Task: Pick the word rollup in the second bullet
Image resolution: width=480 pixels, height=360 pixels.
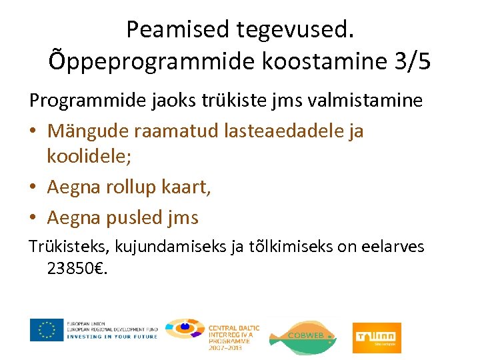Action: pos(132,187)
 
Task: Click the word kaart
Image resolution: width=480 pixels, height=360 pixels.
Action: pos(186,187)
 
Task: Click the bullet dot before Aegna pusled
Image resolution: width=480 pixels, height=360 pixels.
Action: pos(33,218)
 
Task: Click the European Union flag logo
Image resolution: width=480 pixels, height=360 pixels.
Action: pos(47,329)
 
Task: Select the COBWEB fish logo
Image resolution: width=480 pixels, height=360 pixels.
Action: pos(302,335)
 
